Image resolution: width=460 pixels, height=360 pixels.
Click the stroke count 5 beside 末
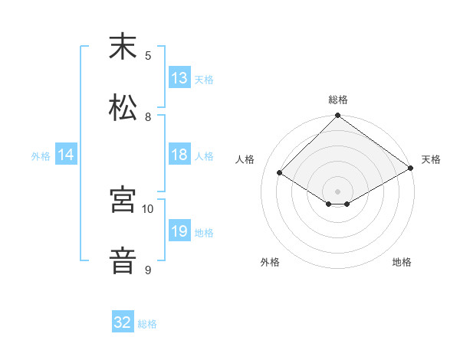(148, 55)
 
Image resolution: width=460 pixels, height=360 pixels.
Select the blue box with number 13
(179, 78)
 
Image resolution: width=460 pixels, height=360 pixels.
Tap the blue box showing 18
(179, 155)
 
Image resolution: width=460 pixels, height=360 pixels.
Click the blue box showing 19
(179, 231)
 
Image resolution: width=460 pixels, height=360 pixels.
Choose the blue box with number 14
(66, 155)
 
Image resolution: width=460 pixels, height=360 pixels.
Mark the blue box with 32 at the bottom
(123, 322)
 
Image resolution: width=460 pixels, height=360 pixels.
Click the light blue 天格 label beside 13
(203, 79)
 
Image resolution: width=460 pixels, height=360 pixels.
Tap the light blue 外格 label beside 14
(41, 155)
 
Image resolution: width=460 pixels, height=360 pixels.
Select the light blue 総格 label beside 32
(147, 323)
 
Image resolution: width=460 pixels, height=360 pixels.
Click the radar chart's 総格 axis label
(338, 100)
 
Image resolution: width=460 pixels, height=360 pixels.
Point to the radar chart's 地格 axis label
(402, 262)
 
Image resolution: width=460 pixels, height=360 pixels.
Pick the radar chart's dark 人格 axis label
(245, 159)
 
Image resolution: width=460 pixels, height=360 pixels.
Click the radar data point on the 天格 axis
(412, 169)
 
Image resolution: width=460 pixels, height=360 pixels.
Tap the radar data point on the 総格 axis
(338, 116)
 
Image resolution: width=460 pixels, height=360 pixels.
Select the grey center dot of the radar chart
(338, 191)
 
